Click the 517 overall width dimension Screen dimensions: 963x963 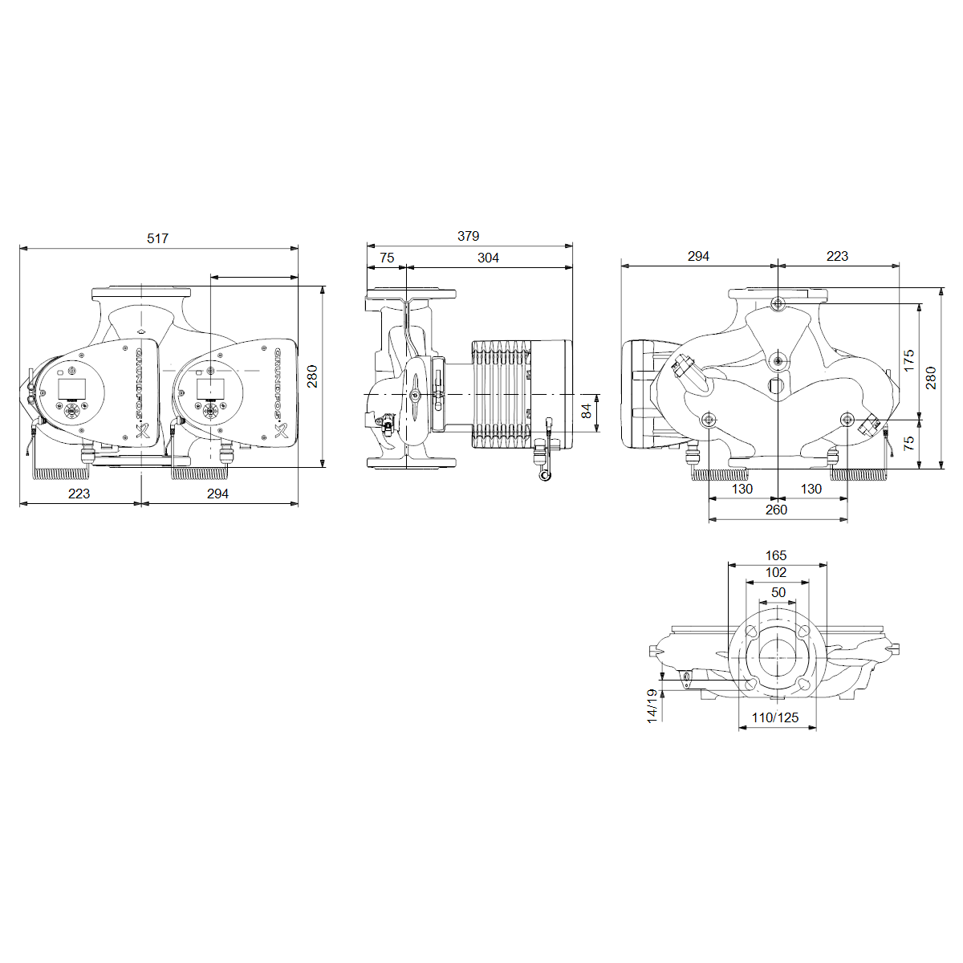(x=157, y=238)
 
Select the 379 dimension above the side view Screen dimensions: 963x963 (x=468, y=236)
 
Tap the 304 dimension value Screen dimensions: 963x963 (x=488, y=258)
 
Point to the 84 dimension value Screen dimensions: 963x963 (x=586, y=411)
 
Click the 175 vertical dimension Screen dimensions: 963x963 (x=908, y=360)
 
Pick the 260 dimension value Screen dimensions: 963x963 (x=776, y=510)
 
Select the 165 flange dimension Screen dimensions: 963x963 (x=776, y=555)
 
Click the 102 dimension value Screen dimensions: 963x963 (x=776, y=572)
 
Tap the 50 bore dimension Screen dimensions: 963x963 (x=778, y=592)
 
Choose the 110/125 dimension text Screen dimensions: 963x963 (x=775, y=717)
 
